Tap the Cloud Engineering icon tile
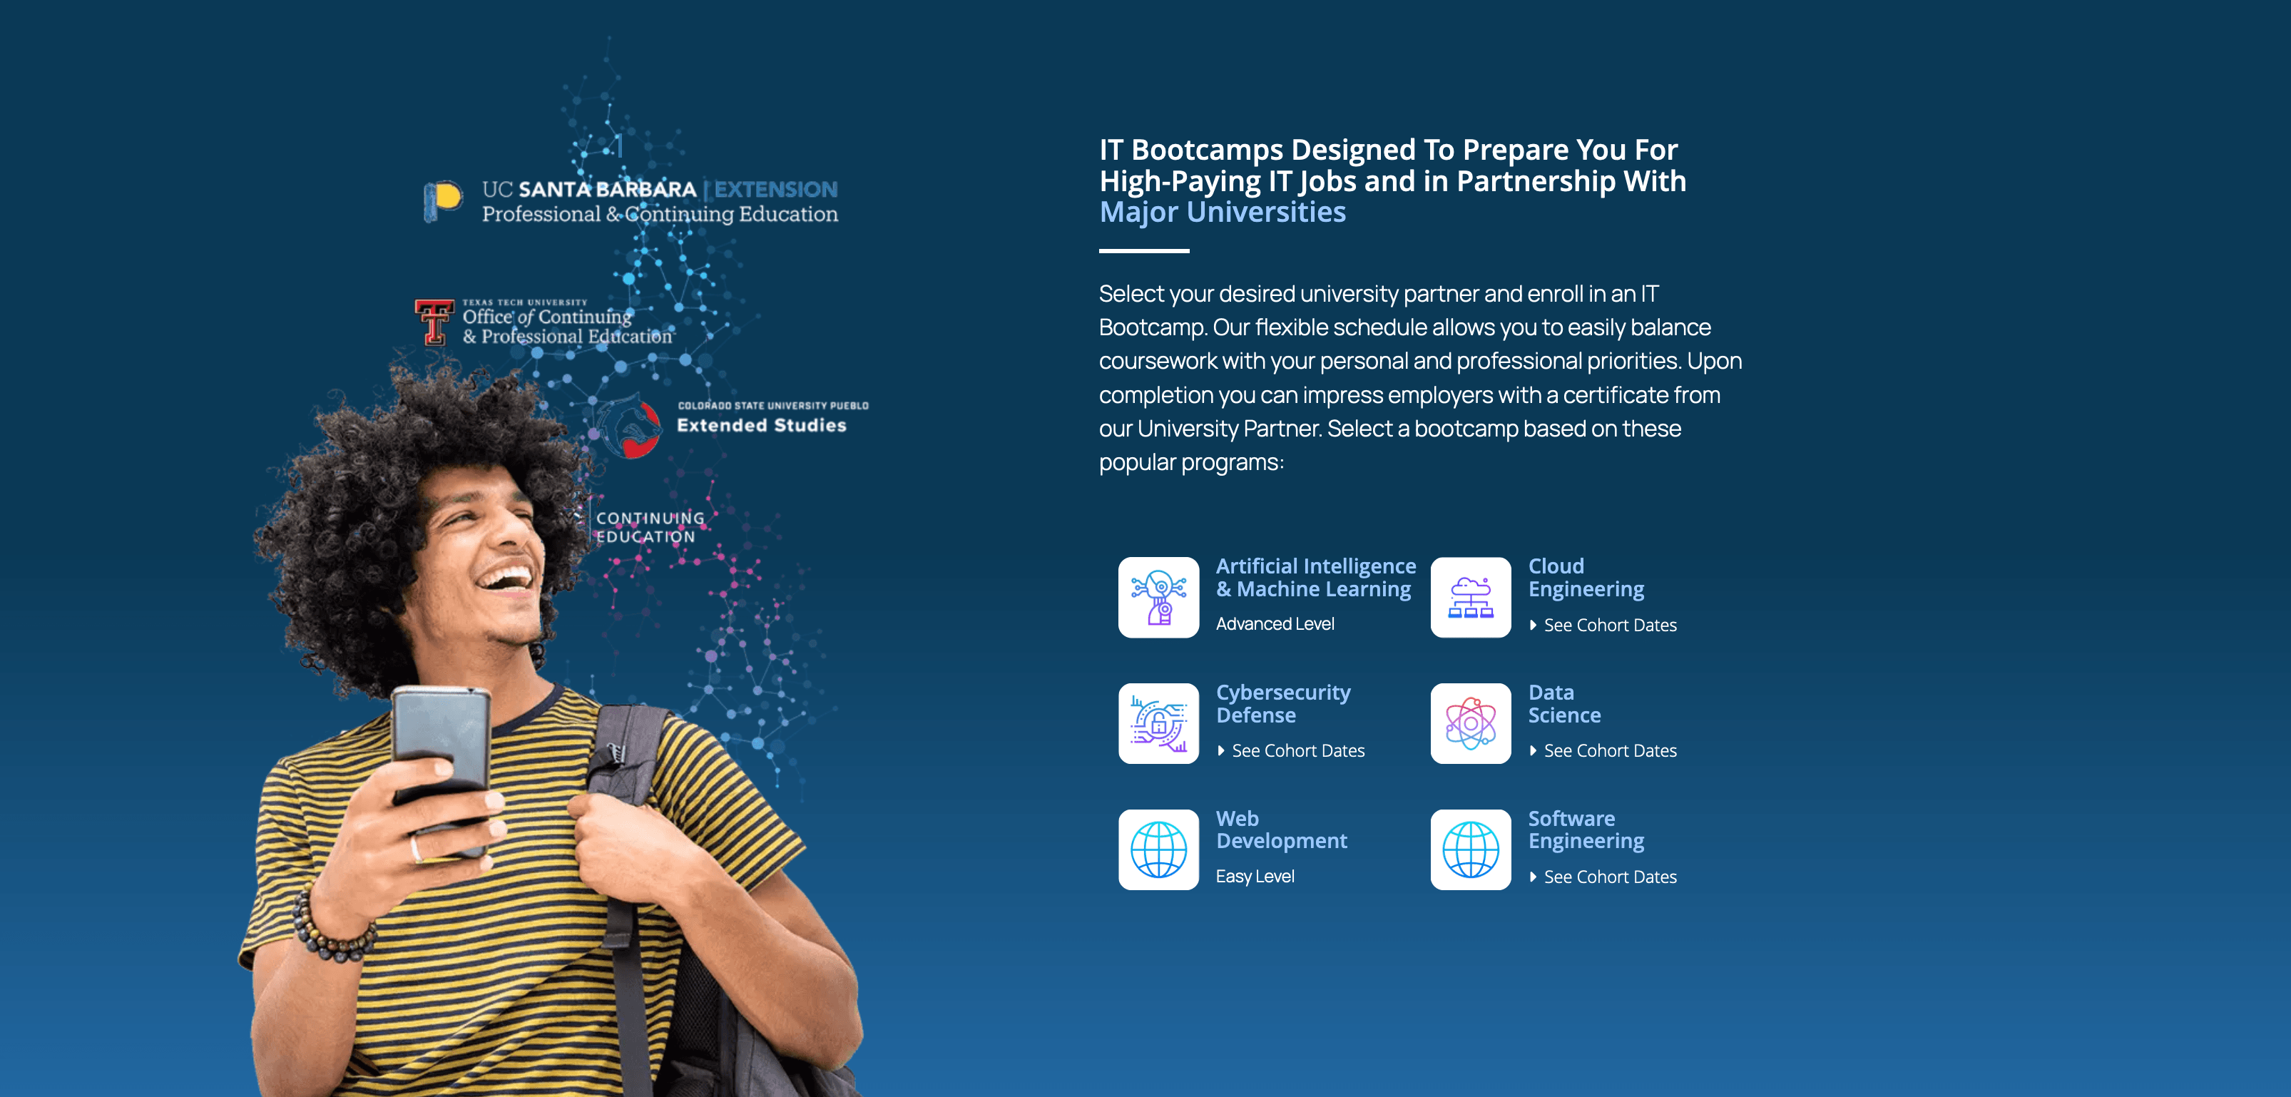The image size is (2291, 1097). tap(1470, 597)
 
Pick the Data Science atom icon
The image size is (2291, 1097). tap(1470, 723)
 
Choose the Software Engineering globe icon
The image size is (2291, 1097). tap(1470, 849)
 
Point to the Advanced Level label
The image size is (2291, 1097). tap(1275, 623)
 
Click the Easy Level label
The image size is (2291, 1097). tap(1255, 877)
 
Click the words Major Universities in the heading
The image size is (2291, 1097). tap(1222, 213)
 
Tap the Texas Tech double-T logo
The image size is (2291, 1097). tap(433, 321)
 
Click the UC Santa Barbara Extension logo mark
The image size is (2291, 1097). tap(442, 200)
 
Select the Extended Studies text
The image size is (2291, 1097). tap(761, 425)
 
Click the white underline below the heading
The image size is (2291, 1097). tap(1144, 251)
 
